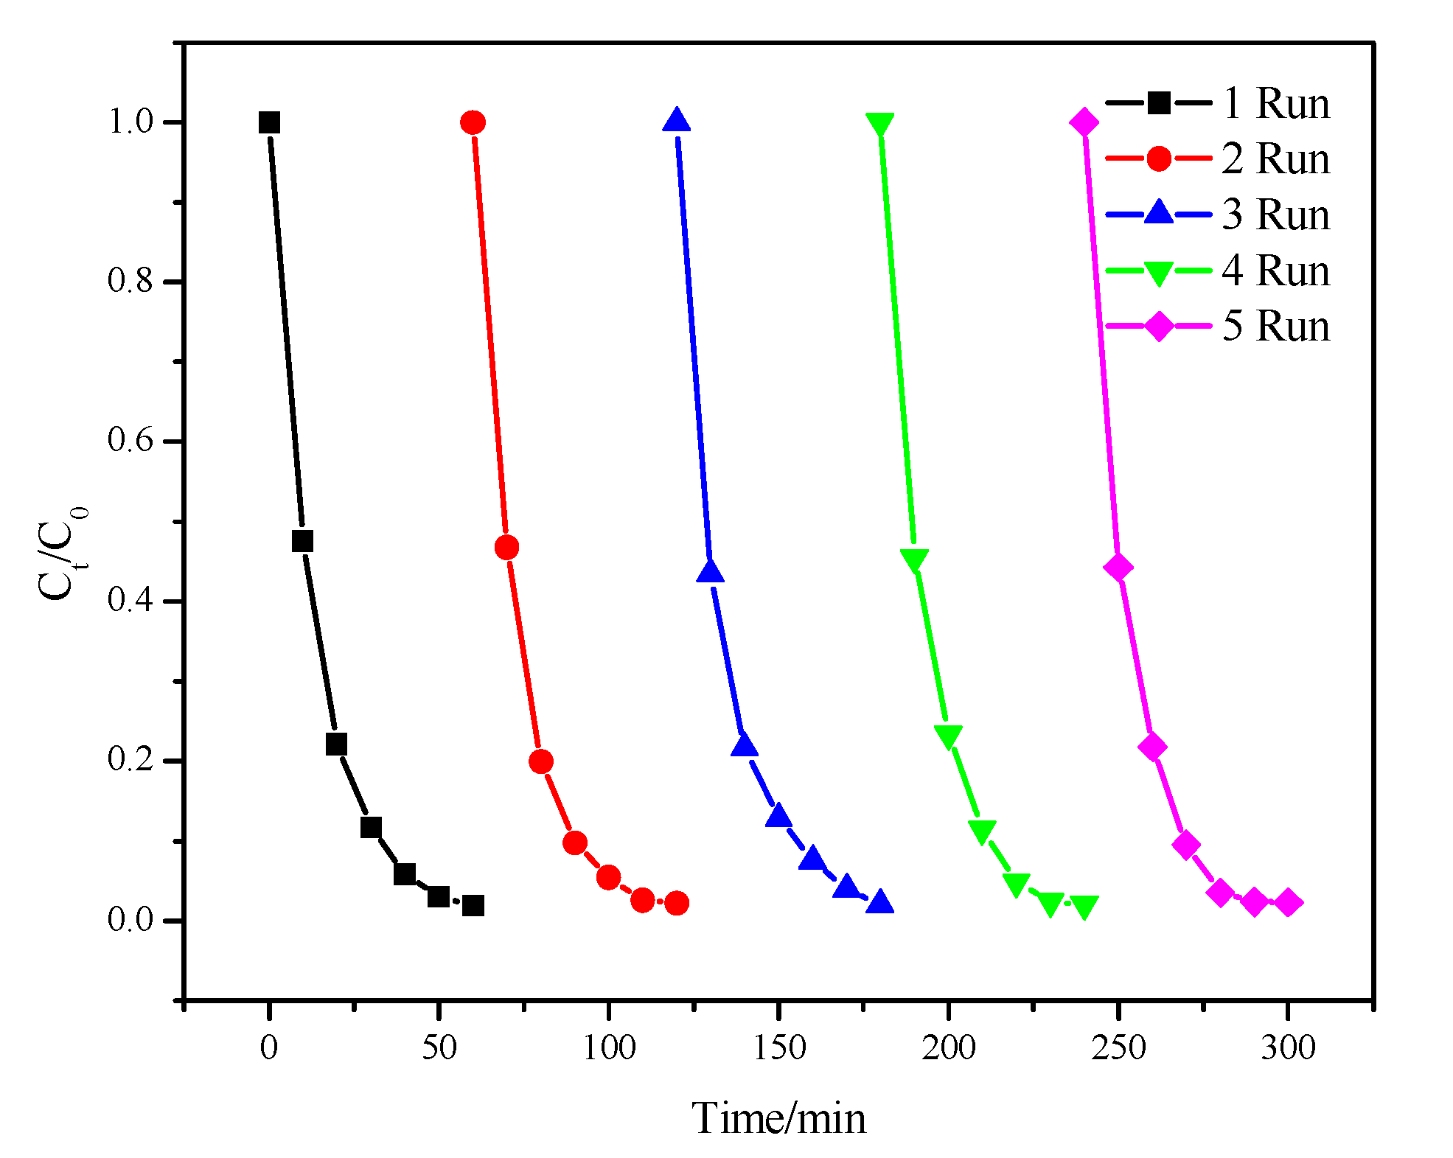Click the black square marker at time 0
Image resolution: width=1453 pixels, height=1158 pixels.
[269, 122]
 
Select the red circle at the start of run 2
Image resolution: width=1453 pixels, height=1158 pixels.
[473, 122]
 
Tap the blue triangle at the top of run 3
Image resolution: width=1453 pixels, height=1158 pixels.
[676, 120]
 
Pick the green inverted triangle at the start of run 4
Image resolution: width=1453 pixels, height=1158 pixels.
[879, 124]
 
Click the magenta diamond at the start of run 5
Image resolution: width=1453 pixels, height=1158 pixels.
[1084, 122]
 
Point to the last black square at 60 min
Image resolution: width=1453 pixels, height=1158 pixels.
[473, 905]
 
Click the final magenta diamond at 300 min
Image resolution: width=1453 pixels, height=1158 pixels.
[1287, 903]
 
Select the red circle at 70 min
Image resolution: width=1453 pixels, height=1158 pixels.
[506, 548]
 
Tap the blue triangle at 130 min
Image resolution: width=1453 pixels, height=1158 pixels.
[710, 571]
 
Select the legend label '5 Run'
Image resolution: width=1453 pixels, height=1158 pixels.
[1276, 326]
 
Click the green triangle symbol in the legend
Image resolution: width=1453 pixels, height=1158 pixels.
[1158, 273]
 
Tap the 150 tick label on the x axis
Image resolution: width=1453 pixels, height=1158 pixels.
[778, 1047]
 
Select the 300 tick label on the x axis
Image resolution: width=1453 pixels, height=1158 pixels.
[1287, 1047]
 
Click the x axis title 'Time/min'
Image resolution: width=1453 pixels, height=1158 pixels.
[778, 1118]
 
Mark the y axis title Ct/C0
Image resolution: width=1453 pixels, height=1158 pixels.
[62, 553]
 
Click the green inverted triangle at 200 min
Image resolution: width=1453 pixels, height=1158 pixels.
[948, 736]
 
